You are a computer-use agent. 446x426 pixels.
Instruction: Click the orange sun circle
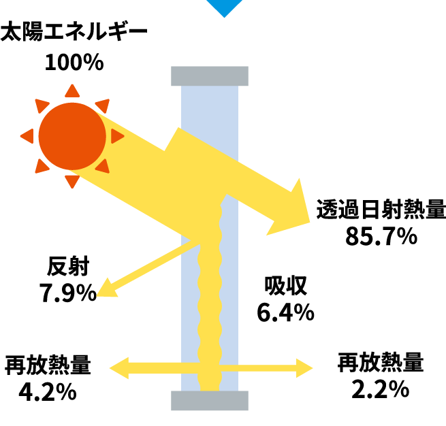click(x=72, y=136)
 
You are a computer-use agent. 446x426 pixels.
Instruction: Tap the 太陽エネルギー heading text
click(x=74, y=31)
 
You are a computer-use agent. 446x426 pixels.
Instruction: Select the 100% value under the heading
click(x=74, y=62)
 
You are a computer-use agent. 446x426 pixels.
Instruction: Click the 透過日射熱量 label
click(x=381, y=209)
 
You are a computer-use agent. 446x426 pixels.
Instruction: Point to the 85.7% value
click(x=381, y=236)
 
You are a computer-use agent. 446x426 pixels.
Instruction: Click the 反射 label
click(x=68, y=266)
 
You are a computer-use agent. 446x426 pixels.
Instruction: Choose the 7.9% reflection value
click(x=68, y=293)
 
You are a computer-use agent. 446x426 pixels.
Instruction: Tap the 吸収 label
click(x=285, y=286)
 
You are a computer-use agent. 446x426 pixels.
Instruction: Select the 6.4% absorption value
click(x=285, y=312)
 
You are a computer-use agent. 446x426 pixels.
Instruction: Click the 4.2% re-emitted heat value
click(x=48, y=391)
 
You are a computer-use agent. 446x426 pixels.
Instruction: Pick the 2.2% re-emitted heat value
click(x=381, y=389)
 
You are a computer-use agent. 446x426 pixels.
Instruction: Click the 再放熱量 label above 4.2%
click(x=48, y=365)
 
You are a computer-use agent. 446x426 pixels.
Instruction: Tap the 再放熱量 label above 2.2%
click(x=381, y=362)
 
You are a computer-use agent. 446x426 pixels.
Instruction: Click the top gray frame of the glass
click(x=210, y=76)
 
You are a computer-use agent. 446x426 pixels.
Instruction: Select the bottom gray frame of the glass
click(x=210, y=400)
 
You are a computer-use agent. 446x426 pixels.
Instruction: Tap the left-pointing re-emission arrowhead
click(x=119, y=368)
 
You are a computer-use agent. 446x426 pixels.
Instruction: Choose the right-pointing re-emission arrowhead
click(x=304, y=368)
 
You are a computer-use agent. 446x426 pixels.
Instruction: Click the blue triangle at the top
click(x=224, y=6)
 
